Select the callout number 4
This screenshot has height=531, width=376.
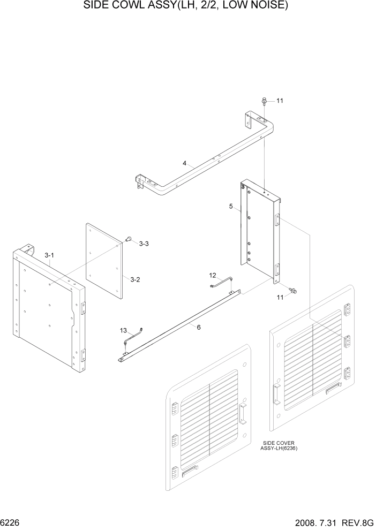click(x=184, y=164)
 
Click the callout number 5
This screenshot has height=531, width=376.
click(x=230, y=206)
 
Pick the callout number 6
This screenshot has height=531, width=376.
click(x=199, y=327)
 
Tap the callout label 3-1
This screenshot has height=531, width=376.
click(x=49, y=256)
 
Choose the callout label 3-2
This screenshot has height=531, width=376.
click(x=135, y=279)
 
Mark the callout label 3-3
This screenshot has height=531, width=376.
click(x=144, y=244)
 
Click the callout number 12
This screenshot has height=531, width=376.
click(x=213, y=275)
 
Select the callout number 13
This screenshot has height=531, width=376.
click(x=123, y=330)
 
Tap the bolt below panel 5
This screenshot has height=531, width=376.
click(x=293, y=291)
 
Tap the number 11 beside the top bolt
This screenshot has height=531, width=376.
click(x=279, y=101)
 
